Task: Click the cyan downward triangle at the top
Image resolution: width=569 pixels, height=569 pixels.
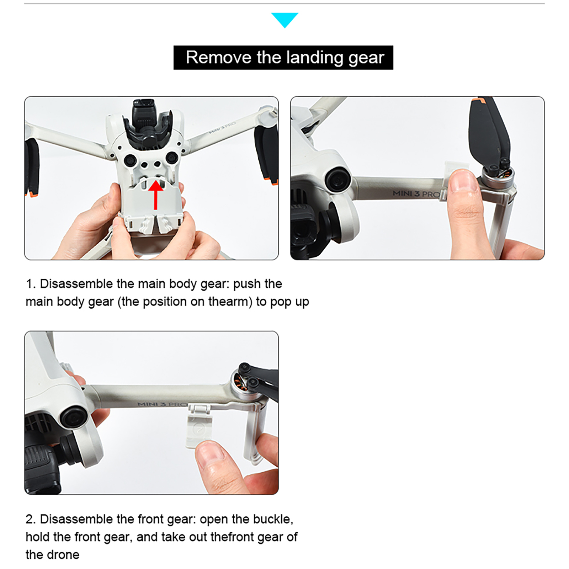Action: coord(284,19)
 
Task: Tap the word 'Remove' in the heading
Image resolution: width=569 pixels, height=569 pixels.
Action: coord(219,57)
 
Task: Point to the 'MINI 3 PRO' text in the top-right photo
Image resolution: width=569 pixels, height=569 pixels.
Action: coord(416,194)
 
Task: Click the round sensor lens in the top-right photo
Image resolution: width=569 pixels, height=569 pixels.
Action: coord(338,180)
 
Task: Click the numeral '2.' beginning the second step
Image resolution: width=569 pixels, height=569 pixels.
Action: coord(31,520)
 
